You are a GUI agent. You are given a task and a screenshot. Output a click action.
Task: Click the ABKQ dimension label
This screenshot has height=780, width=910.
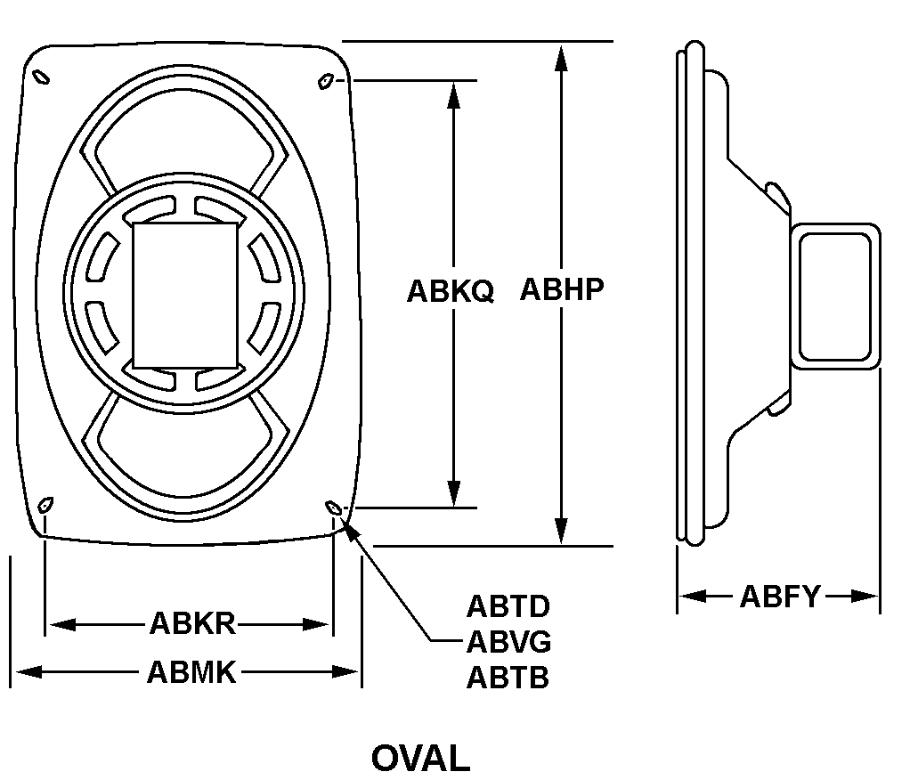[x=451, y=291]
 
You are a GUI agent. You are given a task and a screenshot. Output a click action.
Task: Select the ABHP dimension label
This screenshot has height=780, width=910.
[x=562, y=289]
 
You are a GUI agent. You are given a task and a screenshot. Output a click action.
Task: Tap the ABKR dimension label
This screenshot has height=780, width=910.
[x=192, y=624]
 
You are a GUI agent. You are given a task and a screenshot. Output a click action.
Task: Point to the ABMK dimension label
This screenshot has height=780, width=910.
[x=191, y=672]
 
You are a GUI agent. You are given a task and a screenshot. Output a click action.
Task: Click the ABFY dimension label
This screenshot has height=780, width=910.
[x=781, y=597]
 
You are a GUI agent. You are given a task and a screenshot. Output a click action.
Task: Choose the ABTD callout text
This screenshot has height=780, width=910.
[x=508, y=606]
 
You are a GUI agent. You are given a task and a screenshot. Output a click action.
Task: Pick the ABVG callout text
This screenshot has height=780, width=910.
[x=508, y=642]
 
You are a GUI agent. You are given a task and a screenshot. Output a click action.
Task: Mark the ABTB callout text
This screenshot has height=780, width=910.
[x=508, y=677]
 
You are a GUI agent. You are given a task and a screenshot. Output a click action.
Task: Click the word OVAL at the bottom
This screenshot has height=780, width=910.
[x=421, y=758]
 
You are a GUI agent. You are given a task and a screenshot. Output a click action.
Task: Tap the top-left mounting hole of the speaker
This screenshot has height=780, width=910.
[x=41, y=77]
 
